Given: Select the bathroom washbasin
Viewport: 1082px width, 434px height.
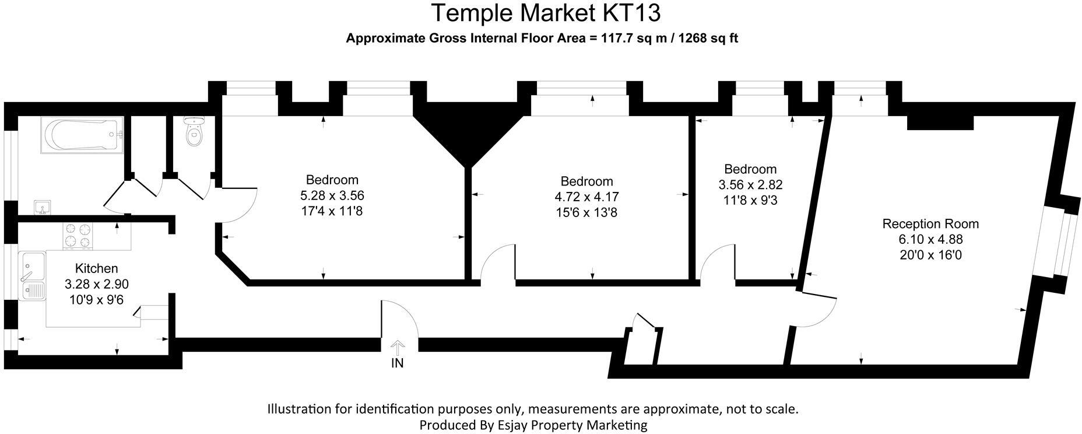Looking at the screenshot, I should [x=42, y=207].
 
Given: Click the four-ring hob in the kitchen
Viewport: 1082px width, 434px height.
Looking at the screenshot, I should [x=78, y=236].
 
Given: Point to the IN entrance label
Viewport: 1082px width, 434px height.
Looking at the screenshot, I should [x=397, y=363].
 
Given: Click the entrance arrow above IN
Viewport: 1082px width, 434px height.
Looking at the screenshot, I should [x=397, y=348].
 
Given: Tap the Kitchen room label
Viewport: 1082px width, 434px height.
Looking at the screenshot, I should [x=97, y=268].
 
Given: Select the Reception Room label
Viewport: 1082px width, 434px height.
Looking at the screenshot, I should [x=930, y=224].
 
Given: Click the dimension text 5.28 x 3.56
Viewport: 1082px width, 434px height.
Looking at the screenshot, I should [x=332, y=195].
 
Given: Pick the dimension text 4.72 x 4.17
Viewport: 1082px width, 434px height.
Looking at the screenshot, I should [x=586, y=197].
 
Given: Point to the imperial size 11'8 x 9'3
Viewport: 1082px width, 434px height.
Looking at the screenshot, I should [x=750, y=201].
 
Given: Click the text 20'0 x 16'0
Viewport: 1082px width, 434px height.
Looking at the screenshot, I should [x=930, y=255].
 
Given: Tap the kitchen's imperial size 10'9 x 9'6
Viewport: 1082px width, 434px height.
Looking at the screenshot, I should [x=97, y=300].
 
